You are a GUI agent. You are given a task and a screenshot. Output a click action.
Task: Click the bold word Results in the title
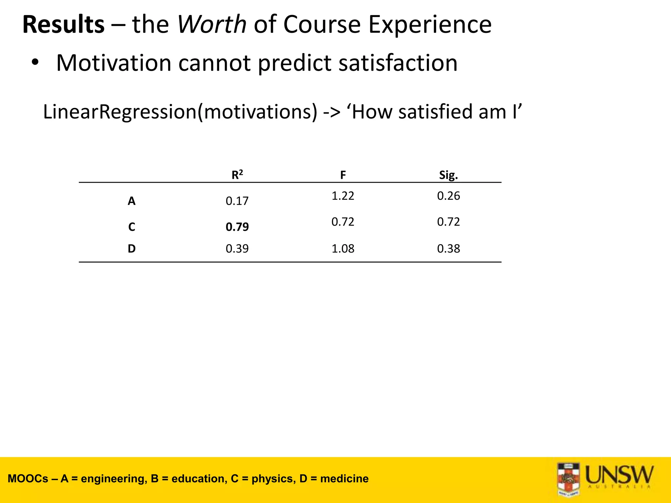[x=64, y=25]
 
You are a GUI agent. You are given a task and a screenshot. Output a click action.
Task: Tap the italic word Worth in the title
[x=212, y=25]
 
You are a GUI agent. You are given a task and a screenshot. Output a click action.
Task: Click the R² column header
[x=237, y=175]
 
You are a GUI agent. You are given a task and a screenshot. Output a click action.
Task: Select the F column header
[x=343, y=175]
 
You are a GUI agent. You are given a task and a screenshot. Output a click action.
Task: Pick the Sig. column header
[x=448, y=175]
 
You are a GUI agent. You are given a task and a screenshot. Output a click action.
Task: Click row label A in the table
[x=131, y=201]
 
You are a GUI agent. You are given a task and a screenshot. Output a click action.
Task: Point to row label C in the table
[x=131, y=227]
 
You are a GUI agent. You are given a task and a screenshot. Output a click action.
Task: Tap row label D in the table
[x=131, y=249]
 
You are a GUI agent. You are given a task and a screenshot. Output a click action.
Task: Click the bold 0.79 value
[x=237, y=227]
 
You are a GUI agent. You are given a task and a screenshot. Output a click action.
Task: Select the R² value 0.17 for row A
[x=237, y=201]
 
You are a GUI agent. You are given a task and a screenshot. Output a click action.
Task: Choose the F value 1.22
[x=343, y=196]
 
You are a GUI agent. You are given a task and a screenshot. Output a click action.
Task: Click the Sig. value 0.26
[x=448, y=196]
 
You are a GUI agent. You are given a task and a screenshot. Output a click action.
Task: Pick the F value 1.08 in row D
[x=343, y=249]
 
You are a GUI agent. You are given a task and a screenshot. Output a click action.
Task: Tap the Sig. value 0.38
[x=448, y=249]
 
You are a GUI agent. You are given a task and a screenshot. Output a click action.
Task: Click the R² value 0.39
[x=237, y=249]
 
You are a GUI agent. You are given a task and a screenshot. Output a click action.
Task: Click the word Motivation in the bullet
[x=114, y=63]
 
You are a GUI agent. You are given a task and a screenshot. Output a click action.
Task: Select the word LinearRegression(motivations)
[x=180, y=112]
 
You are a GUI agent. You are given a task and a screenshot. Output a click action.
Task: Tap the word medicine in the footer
[x=344, y=479]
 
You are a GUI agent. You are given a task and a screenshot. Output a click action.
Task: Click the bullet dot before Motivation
[x=35, y=62]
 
